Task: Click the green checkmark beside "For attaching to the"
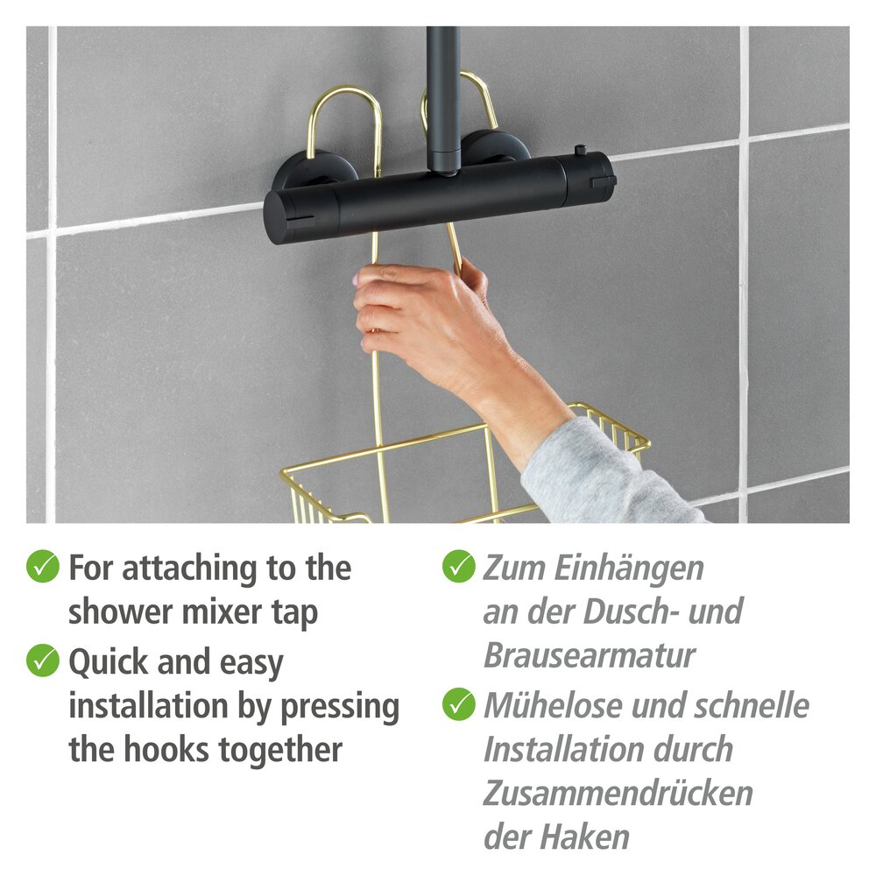click(x=42, y=567)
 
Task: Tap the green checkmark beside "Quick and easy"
click(x=42, y=660)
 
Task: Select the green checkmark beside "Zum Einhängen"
click(x=458, y=567)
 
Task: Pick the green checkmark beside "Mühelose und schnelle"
click(x=458, y=703)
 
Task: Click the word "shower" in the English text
click(x=117, y=612)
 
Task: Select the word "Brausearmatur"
click(x=590, y=655)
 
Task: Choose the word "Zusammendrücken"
click(x=618, y=793)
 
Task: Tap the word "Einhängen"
click(x=629, y=568)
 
